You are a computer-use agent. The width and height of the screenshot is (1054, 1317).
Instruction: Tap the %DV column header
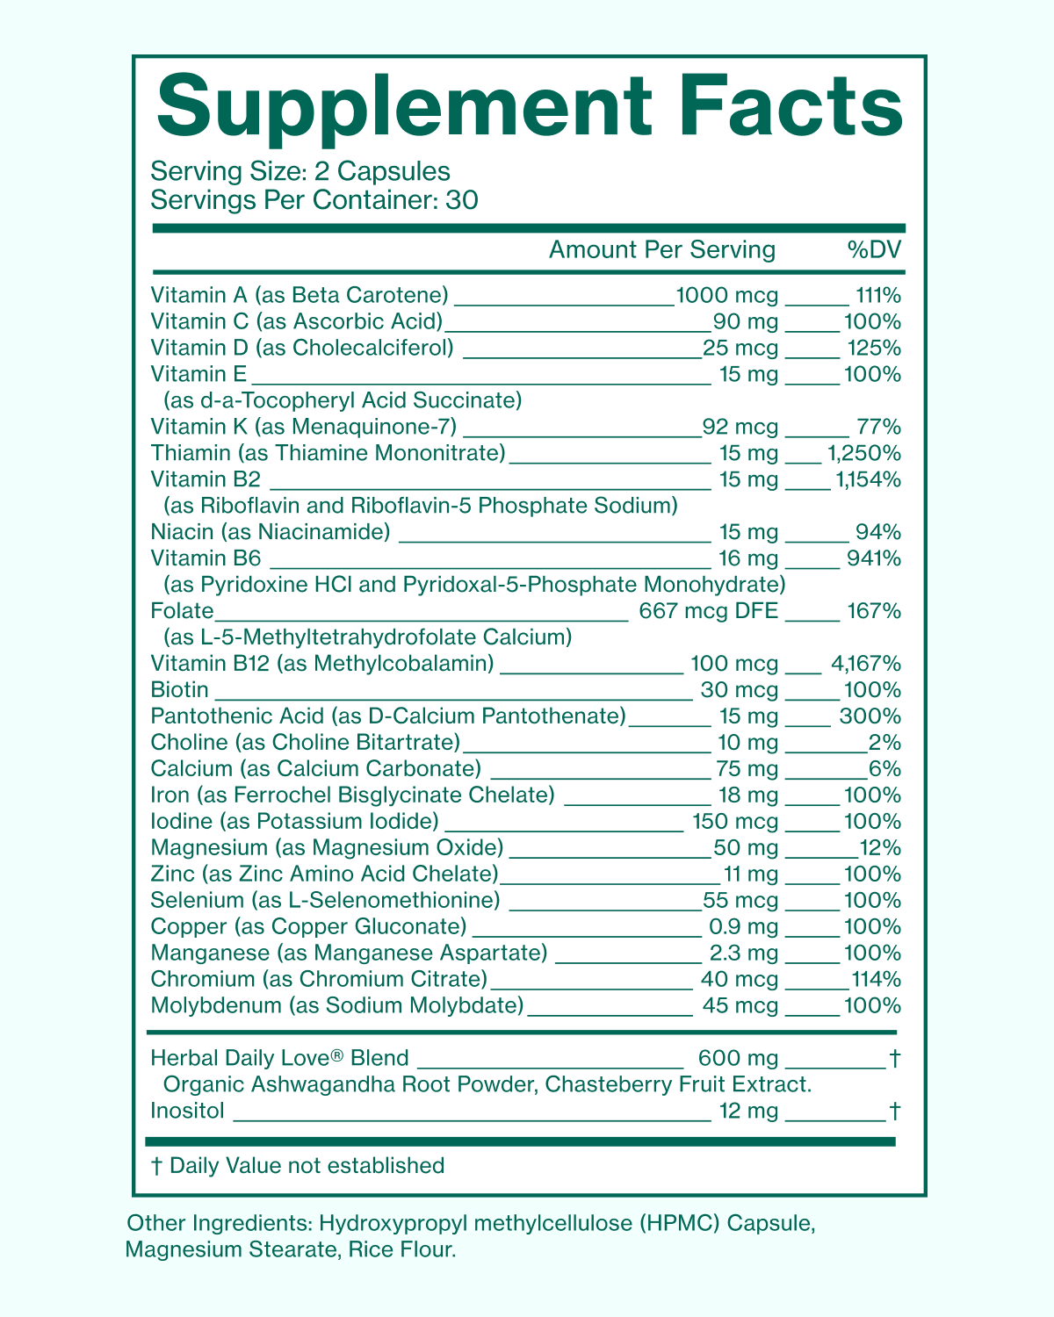click(x=874, y=250)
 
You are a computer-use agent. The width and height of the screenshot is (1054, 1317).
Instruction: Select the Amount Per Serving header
click(x=662, y=250)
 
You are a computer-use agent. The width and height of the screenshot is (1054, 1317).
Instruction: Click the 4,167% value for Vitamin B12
click(x=865, y=664)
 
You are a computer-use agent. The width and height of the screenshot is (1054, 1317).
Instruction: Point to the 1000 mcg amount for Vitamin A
click(x=727, y=296)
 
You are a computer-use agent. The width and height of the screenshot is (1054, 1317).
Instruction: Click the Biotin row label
click(x=179, y=690)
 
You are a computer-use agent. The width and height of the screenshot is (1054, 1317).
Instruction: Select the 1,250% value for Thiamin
click(x=864, y=454)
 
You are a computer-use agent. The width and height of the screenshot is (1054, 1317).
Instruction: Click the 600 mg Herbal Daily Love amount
click(x=738, y=1059)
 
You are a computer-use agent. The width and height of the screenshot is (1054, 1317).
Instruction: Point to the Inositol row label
click(x=187, y=1112)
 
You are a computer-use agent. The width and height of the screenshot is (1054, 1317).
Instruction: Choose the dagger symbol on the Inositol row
click(x=894, y=1112)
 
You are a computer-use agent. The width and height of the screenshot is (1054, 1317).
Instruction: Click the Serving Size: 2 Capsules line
click(x=300, y=171)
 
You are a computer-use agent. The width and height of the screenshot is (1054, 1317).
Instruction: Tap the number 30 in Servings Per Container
click(x=462, y=200)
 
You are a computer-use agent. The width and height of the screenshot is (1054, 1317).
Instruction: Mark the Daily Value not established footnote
click(x=298, y=1166)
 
